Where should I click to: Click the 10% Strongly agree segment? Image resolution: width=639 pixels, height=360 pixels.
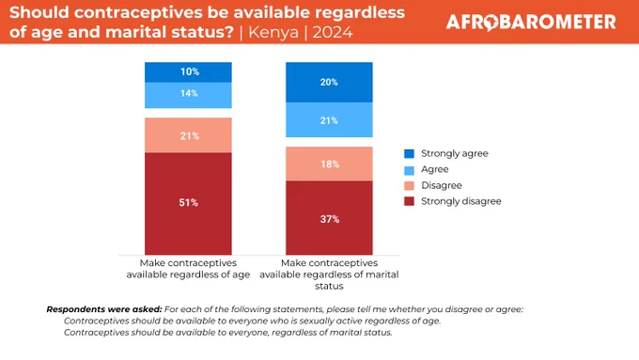pos(188,72)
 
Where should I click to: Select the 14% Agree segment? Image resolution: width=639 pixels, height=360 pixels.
pos(188,95)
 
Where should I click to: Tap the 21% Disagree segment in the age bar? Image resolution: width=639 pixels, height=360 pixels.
pos(188,135)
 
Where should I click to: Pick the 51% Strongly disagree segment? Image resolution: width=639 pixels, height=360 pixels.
pos(188,204)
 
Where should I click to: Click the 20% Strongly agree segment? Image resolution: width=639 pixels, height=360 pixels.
pos(329,82)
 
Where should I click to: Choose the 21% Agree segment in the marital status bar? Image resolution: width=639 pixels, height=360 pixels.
pos(329,120)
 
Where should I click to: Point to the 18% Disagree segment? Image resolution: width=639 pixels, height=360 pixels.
pos(329,164)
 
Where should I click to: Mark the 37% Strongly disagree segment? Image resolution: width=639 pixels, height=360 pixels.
pos(329,218)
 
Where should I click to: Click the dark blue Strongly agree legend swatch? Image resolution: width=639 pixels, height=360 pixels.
pos(409,154)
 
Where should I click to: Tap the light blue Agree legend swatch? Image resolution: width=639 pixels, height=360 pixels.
pos(409,169)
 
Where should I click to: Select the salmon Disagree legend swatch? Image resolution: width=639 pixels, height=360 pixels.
pos(409,185)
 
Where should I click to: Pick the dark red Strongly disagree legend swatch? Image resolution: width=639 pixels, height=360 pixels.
pos(409,201)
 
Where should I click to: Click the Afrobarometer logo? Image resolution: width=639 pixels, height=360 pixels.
pos(531,22)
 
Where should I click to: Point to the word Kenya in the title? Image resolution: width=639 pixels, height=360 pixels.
pos(273,32)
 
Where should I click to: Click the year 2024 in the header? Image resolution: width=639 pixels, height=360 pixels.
pos(333,32)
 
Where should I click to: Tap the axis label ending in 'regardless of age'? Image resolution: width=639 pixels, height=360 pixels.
pos(188,269)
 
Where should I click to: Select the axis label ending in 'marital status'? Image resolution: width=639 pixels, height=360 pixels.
pos(329,274)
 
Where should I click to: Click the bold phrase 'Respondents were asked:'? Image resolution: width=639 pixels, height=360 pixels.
pos(104,309)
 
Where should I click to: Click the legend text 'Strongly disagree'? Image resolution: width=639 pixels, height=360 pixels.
pos(460,201)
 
